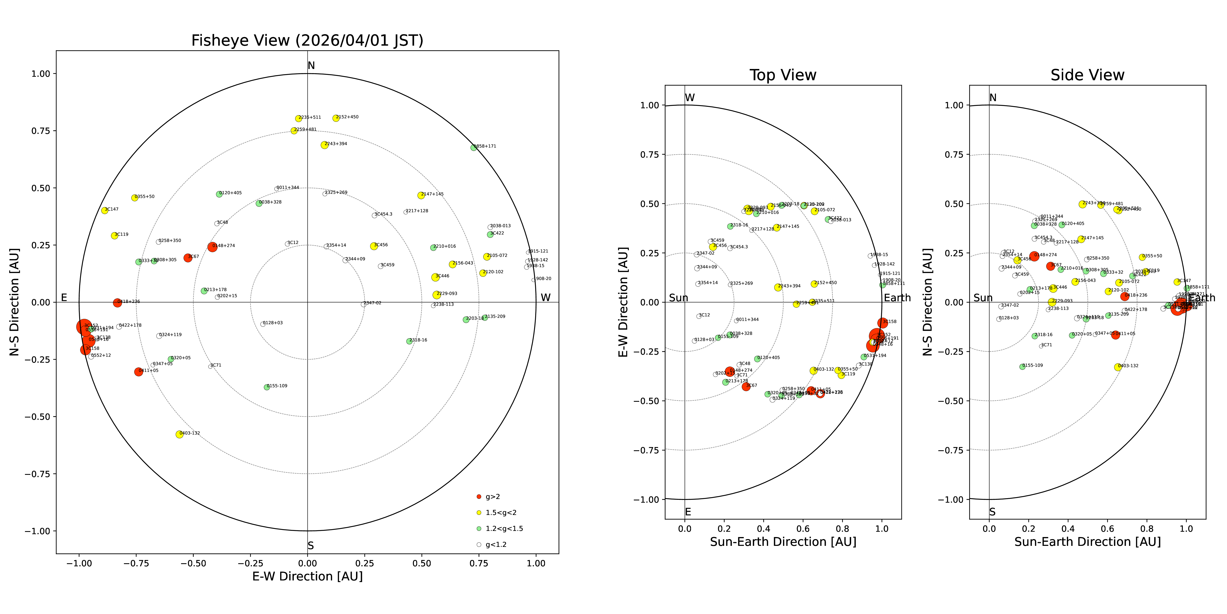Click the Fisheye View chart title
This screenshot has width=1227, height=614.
point(307,41)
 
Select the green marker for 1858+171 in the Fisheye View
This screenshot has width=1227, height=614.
point(473,148)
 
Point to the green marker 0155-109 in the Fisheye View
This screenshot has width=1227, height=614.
point(267,387)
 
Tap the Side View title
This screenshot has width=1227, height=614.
point(1088,75)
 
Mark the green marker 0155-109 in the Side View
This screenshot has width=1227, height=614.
point(1022,367)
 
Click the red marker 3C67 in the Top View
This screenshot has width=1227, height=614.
point(746,387)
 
